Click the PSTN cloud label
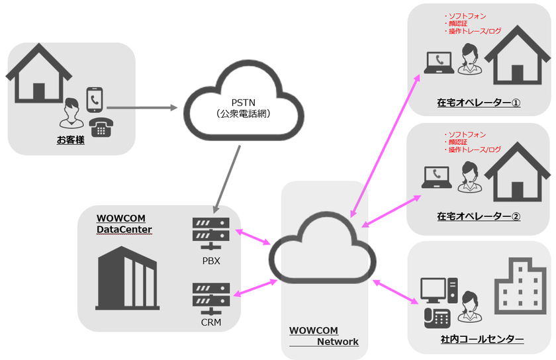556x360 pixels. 240,109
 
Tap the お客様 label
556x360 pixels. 71,140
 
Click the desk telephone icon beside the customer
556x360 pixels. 101,126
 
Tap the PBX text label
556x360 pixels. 211,260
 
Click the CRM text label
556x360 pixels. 211,323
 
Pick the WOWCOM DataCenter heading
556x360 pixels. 124,224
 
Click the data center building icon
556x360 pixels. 126,277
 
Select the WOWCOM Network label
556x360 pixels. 324,336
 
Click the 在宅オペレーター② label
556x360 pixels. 479,216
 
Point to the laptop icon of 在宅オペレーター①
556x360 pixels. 438,64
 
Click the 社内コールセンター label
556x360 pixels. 482,339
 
